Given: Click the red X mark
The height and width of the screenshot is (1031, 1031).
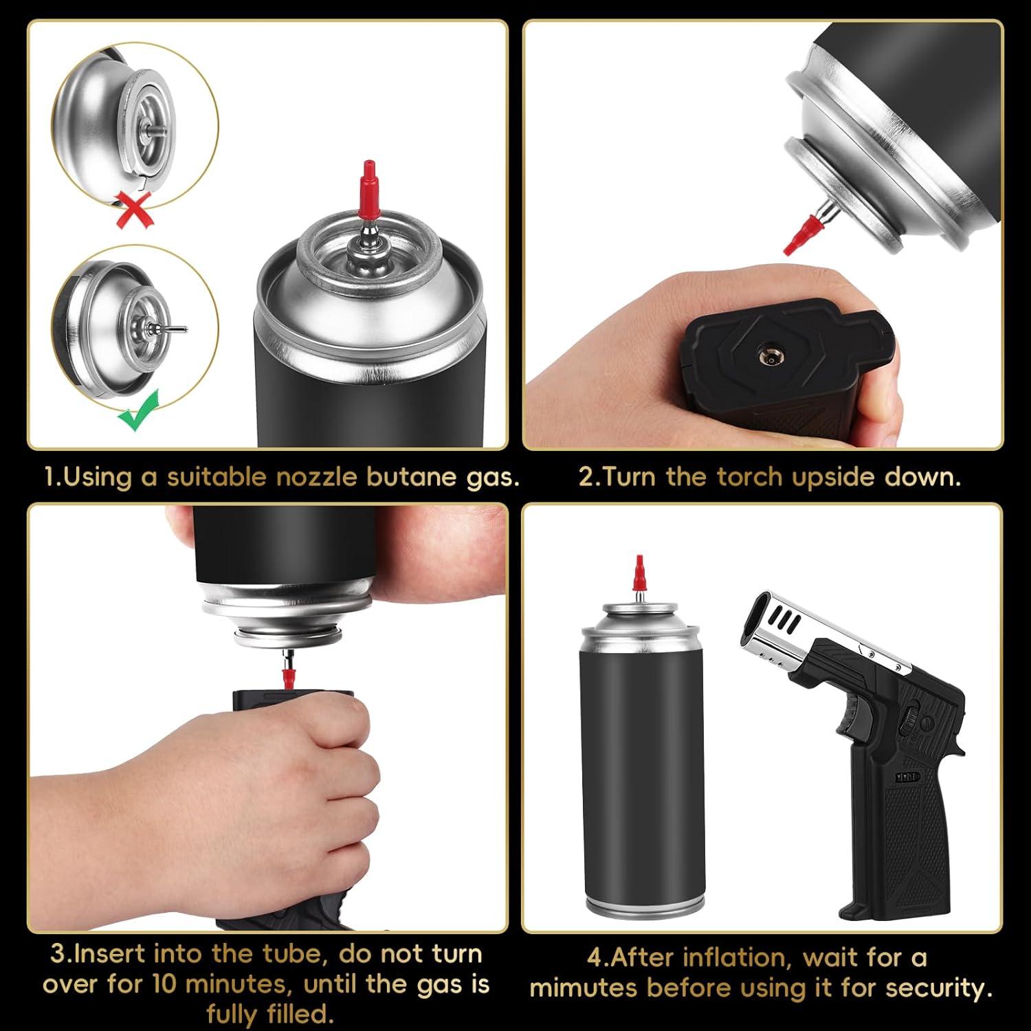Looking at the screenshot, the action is point(135,208).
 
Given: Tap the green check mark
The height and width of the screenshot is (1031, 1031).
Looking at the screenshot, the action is point(140,410).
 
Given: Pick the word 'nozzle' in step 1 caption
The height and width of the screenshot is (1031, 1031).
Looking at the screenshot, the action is point(315,477).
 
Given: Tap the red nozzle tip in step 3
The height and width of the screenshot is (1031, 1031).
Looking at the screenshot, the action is point(283,674).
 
